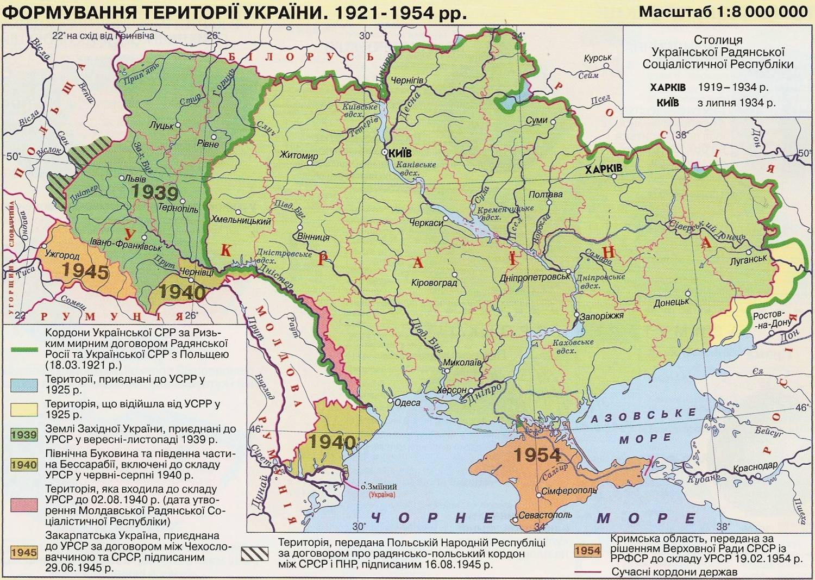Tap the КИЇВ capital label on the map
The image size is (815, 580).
coord(400,153)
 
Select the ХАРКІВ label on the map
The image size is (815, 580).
coord(603,169)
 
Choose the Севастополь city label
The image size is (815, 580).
coord(545,515)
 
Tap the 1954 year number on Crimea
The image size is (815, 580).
coord(537,454)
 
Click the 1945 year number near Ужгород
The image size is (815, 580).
coord(85,271)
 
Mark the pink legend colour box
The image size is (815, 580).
coord(24,505)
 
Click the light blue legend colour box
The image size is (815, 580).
coord(24,384)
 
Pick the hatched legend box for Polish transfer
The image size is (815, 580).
coord(255,553)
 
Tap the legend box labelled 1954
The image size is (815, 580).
coord(587,551)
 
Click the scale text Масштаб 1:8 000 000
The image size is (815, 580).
coord(723,11)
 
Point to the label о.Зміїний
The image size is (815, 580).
coord(379,487)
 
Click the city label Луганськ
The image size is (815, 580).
coord(748,259)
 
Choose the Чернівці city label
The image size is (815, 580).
coord(196,272)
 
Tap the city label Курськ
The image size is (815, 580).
coord(598,58)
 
